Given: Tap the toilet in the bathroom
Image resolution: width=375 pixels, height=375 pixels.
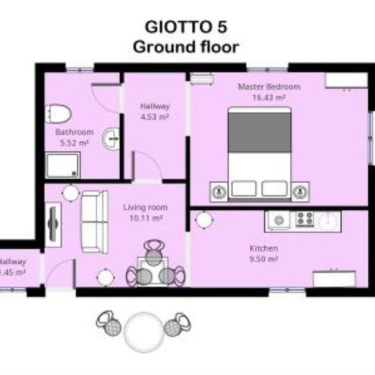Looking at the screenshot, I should (57, 113).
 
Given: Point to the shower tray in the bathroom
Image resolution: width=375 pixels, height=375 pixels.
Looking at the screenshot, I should (63, 165).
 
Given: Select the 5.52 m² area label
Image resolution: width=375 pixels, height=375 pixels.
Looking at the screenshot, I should (74, 142).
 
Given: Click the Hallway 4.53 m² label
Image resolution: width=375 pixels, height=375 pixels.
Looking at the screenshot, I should (154, 111).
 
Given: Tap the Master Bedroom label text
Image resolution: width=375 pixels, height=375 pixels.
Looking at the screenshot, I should (269, 87).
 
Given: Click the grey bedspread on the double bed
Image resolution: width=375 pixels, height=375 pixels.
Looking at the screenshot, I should (259, 130).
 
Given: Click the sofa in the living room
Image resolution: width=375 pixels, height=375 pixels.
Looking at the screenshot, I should (93, 222).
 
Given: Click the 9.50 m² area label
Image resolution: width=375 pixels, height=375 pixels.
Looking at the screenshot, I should (263, 259).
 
